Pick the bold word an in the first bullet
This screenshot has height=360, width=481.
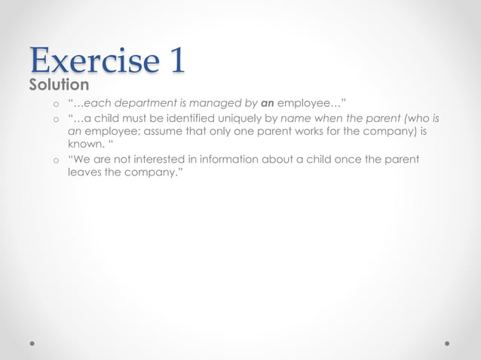[267, 104]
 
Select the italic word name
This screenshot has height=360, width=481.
[296, 119]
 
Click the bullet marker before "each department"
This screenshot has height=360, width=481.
[55, 105]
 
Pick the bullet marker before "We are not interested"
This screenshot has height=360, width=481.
[55, 160]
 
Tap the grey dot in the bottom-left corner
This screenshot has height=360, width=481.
[32, 343]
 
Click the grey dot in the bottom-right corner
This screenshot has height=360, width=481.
[447, 343]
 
